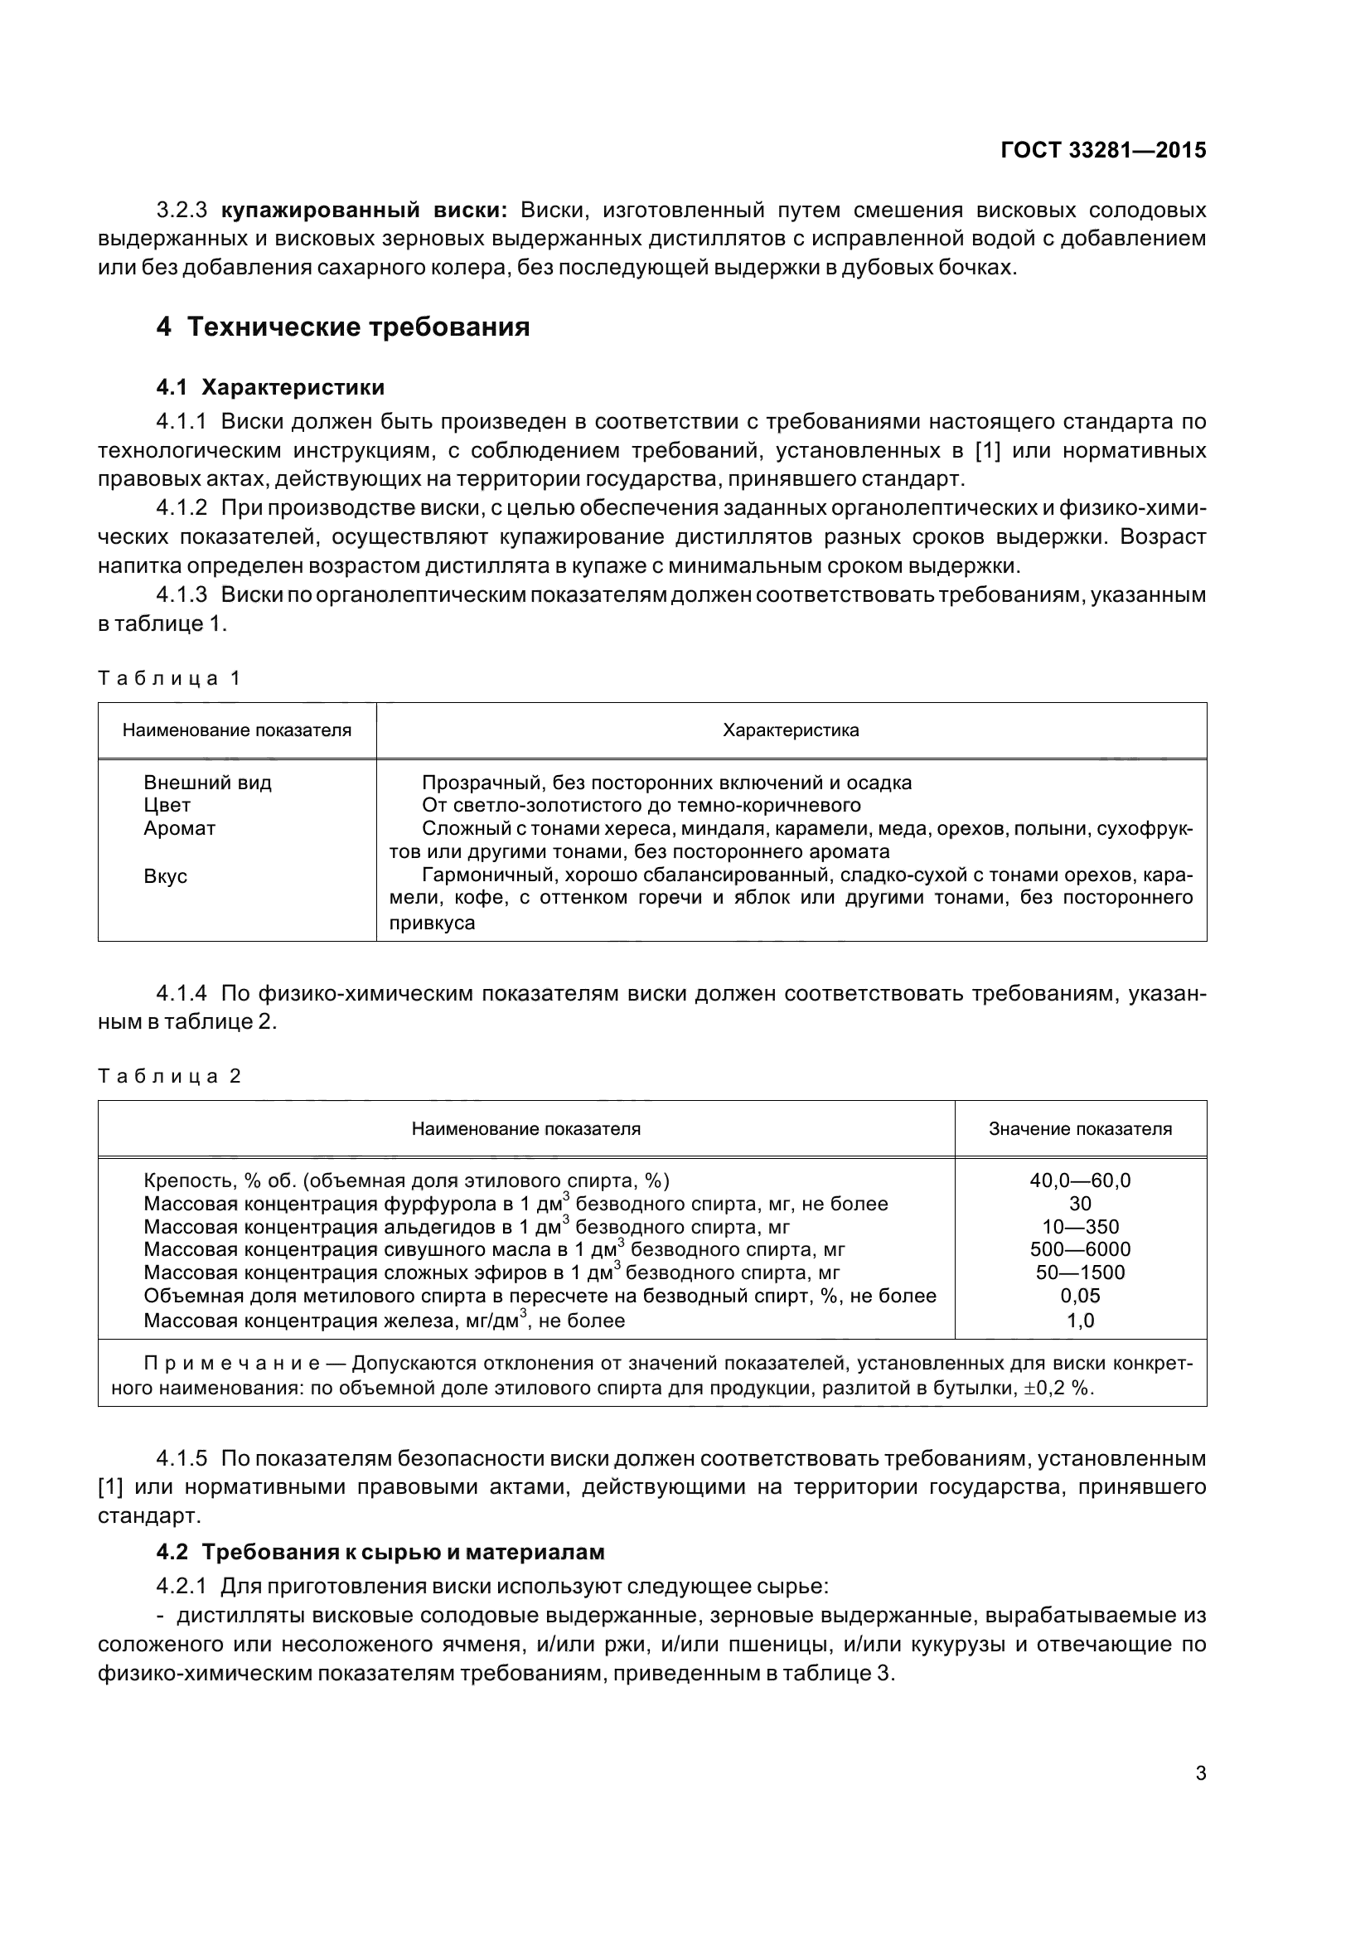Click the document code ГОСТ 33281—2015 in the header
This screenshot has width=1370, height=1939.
click(x=1102, y=150)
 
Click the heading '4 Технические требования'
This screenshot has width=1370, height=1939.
click(x=343, y=327)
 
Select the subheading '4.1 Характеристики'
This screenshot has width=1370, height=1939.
click(x=270, y=388)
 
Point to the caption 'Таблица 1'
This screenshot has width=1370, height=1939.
click(x=170, y=678)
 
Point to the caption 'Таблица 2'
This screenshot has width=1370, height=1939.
click(x=170, y=1076)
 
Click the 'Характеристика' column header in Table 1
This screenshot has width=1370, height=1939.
click(x=790, y=730)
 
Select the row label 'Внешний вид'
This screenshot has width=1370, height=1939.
click(x=207, y=783)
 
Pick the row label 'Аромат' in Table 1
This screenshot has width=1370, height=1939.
click(x=179, y=828)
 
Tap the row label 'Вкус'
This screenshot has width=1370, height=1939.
click(x=165, y=875)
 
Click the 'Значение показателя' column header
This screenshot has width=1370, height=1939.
click(x=1080, y=1129)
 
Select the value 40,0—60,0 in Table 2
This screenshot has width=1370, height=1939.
click(x=1080, y=1180)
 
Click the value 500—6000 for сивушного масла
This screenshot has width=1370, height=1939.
click(x=1080, y=1250)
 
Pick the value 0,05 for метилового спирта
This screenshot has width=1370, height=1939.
click(x=1080, y=1297)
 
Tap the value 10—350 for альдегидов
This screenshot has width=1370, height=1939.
click(x=1080, y=1227)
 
